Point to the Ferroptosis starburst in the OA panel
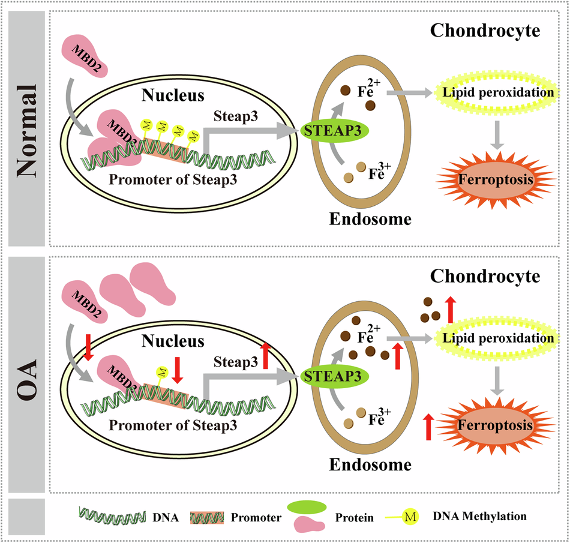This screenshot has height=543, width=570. [x=496, y=425]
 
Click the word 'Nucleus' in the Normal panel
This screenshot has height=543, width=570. [x=173, y=95]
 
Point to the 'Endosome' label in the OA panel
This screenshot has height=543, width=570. [x=371, y=464]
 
